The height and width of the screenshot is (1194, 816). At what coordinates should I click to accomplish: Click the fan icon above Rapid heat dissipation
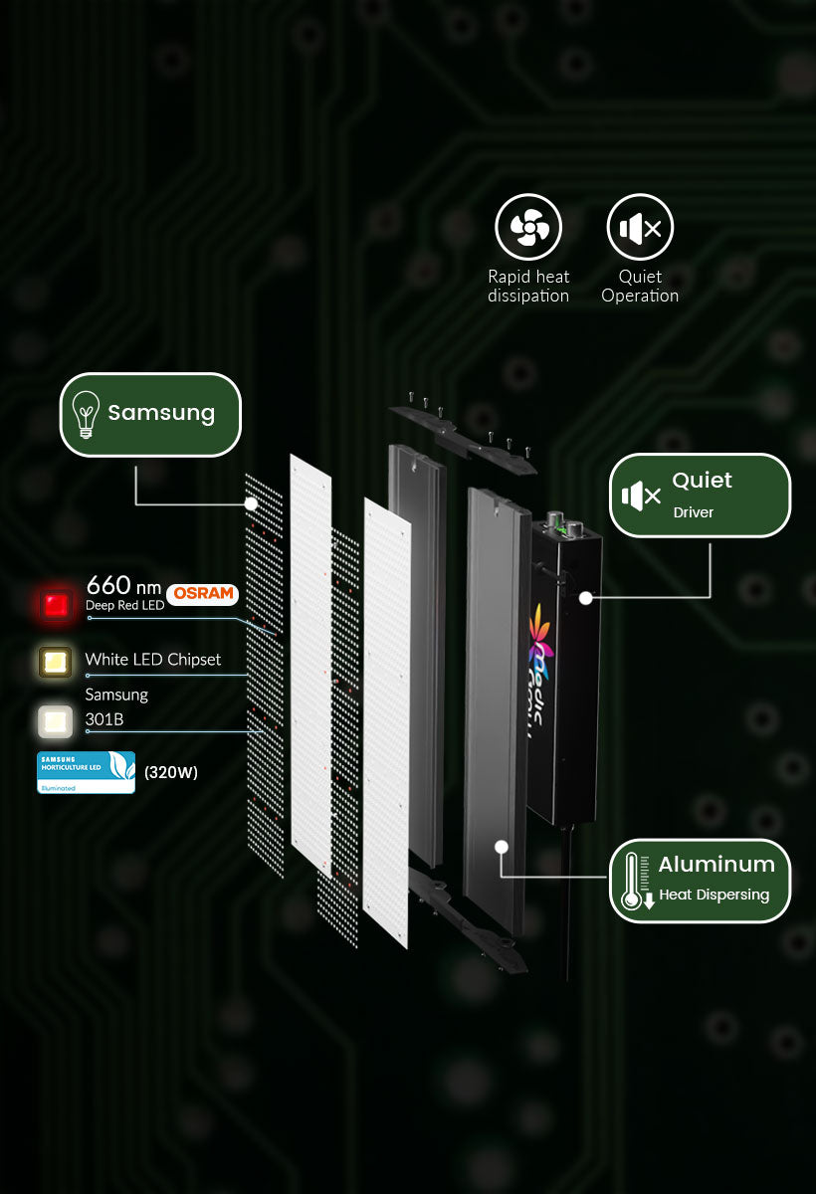click(528, 228)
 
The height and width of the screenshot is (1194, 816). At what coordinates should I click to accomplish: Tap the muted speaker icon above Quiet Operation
click(640, 228)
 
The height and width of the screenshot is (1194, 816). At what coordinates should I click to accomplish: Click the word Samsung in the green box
click(161, 413)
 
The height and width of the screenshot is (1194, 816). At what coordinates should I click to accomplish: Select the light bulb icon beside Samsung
click(87, 414)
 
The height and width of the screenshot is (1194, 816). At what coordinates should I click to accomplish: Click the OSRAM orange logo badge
click(203, 594)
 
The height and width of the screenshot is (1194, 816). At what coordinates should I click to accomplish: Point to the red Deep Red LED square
click(56, 604)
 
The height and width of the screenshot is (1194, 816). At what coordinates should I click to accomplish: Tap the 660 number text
click(108, 585)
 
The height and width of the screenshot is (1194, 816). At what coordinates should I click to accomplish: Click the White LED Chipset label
click(153, 660)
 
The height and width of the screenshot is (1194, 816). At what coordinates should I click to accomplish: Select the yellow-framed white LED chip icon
click(56, 662)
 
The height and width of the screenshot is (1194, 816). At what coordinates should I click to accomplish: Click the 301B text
click(104, 719)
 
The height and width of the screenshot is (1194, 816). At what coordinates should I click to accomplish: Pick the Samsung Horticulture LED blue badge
click(86, 772)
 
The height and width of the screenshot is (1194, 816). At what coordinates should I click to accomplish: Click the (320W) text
click(171, 772)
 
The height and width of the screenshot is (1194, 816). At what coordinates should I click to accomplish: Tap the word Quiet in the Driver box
click(702, 481)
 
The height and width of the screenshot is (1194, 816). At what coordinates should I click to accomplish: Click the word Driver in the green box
click(694, 512)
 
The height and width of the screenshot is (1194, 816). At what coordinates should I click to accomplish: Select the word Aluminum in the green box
click(716, 864)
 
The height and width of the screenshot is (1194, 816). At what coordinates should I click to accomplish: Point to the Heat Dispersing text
click(714, 895)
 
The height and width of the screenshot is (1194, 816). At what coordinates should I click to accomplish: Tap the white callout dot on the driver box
click(586, 598)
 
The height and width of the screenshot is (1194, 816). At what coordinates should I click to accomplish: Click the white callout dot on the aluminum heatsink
click(502, 847)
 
